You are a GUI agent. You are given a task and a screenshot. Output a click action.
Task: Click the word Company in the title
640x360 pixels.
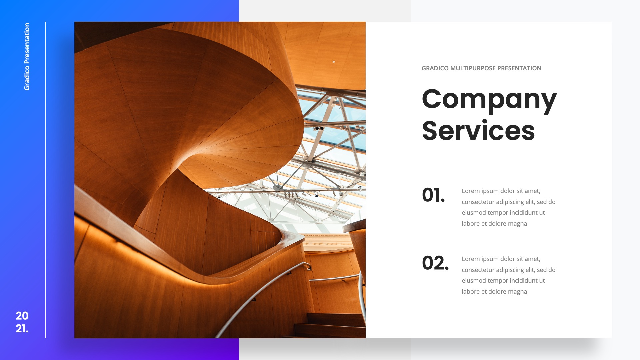click(x=489, y=99)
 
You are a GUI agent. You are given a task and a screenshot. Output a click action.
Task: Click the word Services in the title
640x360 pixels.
click(x=478, y=131)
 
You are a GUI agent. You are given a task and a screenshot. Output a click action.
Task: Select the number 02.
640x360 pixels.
click(x=435, y=263)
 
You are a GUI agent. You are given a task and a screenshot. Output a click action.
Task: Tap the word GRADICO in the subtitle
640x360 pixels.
click(x=435, y=68)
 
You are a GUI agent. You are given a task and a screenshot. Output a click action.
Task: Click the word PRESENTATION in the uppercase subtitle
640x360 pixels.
click(x=519, y=68)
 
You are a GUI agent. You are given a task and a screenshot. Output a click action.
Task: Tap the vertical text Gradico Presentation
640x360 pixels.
click(x=27, y=56)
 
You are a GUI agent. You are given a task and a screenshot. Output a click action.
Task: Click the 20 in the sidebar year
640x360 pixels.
click(x=22, y=316)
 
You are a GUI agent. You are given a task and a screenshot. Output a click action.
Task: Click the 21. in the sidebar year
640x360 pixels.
click(x=22, y=328)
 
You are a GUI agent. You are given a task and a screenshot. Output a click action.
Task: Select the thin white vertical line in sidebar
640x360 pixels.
click(x=46, y=180)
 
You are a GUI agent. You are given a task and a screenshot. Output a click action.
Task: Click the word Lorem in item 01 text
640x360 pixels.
click(x=471, y=191)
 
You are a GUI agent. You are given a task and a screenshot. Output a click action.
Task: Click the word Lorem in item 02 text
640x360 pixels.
click(x=471, y=259)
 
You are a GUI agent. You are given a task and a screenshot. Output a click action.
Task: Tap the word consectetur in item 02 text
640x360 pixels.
click(x=478, y=270)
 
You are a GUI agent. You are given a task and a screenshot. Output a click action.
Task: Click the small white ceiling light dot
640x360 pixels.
click(x=334, y=62)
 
